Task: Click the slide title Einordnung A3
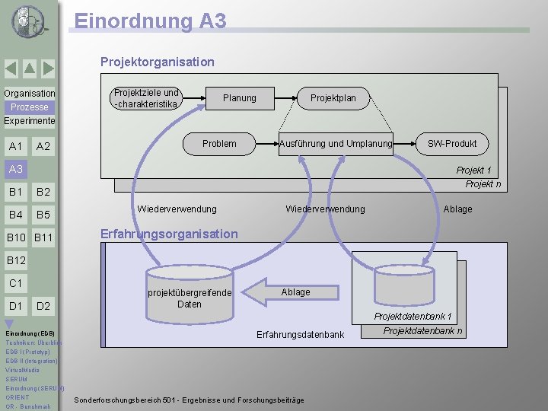point(151,21)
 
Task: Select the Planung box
point(239,98)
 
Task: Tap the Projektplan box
point(333,98)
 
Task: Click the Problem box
point(219,143)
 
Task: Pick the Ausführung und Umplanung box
point(336,143)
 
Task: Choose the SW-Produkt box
point(452,143)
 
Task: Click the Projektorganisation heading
point(158,62)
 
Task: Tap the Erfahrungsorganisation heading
point(169,234)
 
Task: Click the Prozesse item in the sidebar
point(29,107)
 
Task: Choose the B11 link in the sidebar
point(43,238)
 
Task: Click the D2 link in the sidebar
point(43,306)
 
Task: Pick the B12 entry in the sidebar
point(16,261)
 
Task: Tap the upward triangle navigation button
point(29,69)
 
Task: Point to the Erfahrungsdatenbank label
point(301,335)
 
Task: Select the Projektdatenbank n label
point(422,330)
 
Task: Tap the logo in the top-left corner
point(29,21)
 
